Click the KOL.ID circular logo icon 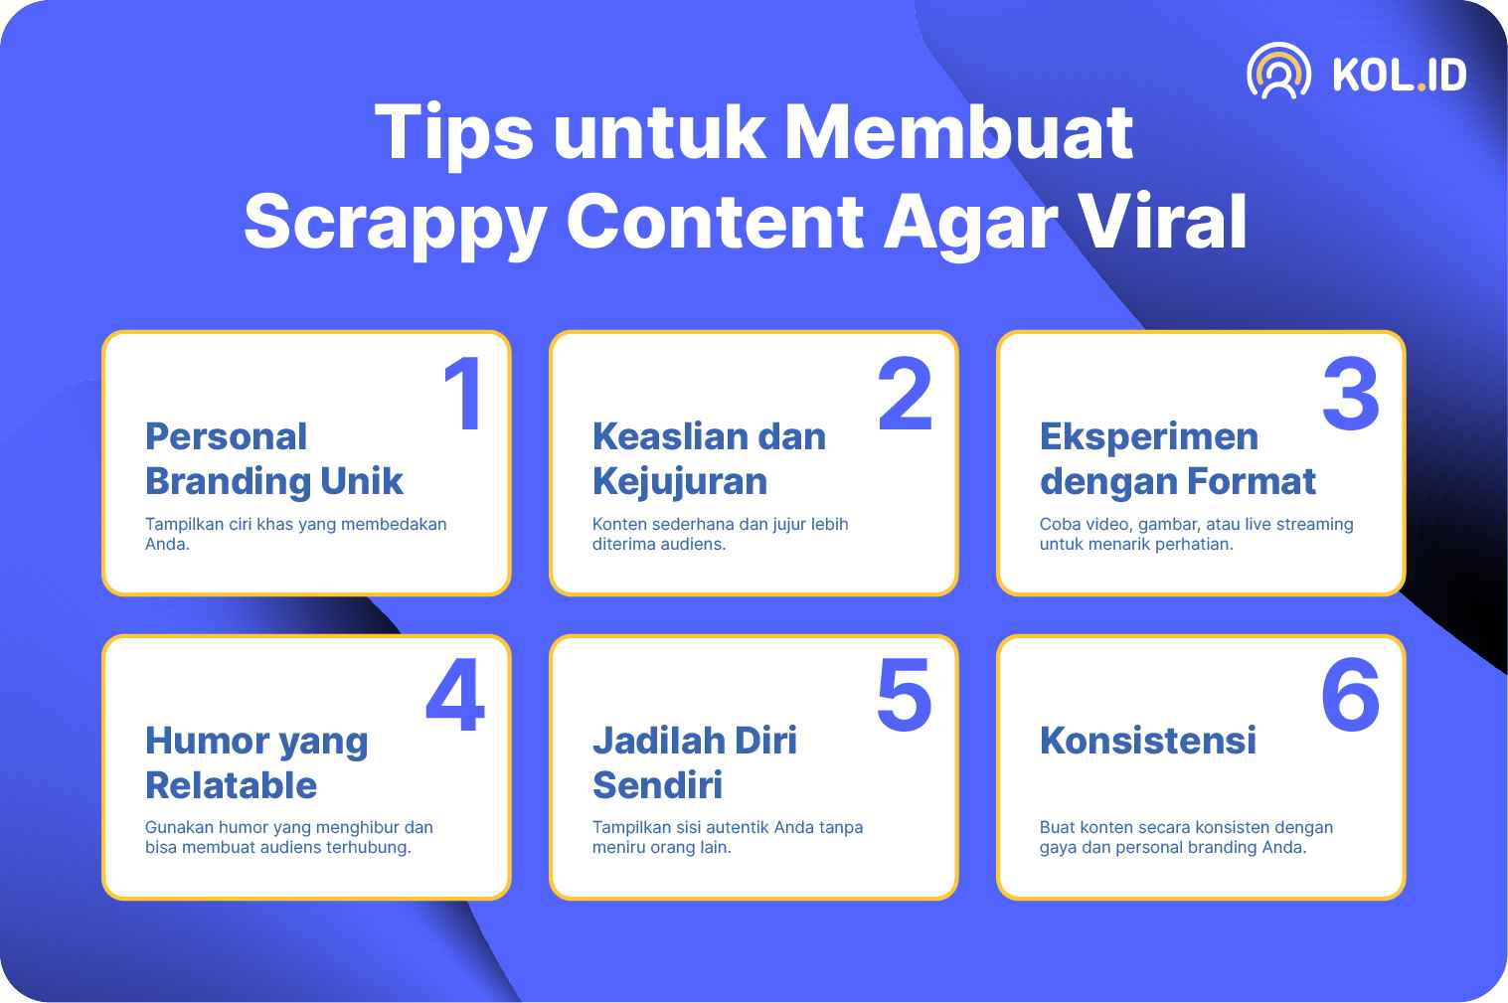[1278, 72]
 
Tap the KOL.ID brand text [1399, 74]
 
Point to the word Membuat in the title [958, 131]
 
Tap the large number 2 [905, 393]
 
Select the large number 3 [1351, 393]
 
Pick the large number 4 [455, 694]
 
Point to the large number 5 [905, 694]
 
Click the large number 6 [1351, 694]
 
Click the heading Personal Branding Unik [274, 459]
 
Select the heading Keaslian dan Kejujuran [709, 459]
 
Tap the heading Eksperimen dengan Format [1177, 459]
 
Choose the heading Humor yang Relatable [256, 762]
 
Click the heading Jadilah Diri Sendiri [695, 762]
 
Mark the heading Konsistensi [1148, 741]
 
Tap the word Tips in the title [454, 133]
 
